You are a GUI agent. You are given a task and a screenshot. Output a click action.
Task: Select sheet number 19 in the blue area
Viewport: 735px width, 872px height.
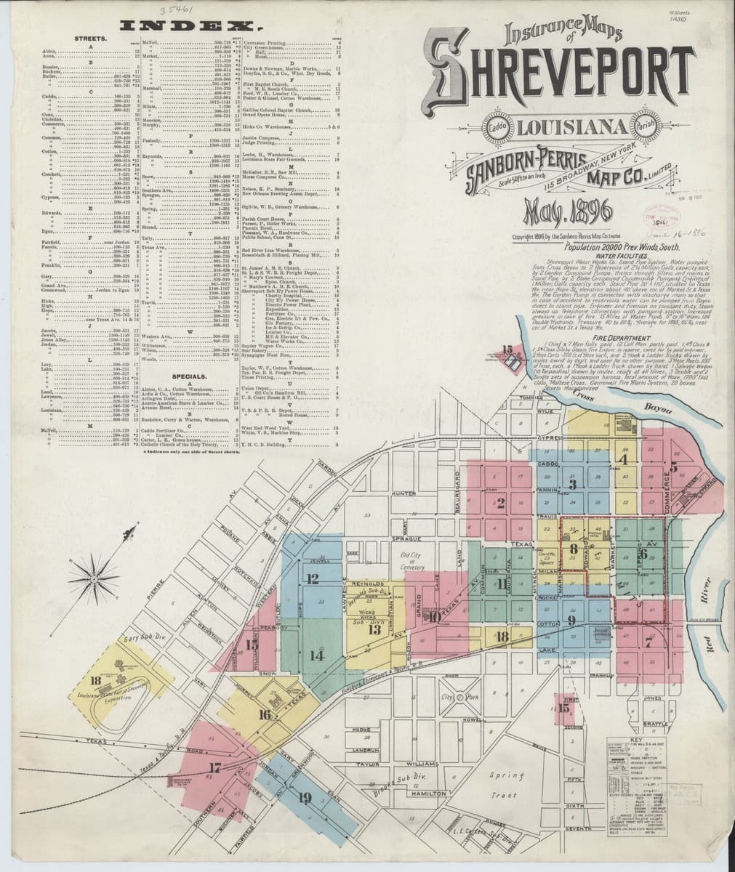305,799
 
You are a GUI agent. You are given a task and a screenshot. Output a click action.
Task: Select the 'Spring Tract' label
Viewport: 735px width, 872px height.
503,786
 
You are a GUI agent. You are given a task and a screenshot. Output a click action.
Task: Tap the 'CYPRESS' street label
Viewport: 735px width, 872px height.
552,439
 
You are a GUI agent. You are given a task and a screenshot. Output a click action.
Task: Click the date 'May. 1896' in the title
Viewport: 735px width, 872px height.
554,215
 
